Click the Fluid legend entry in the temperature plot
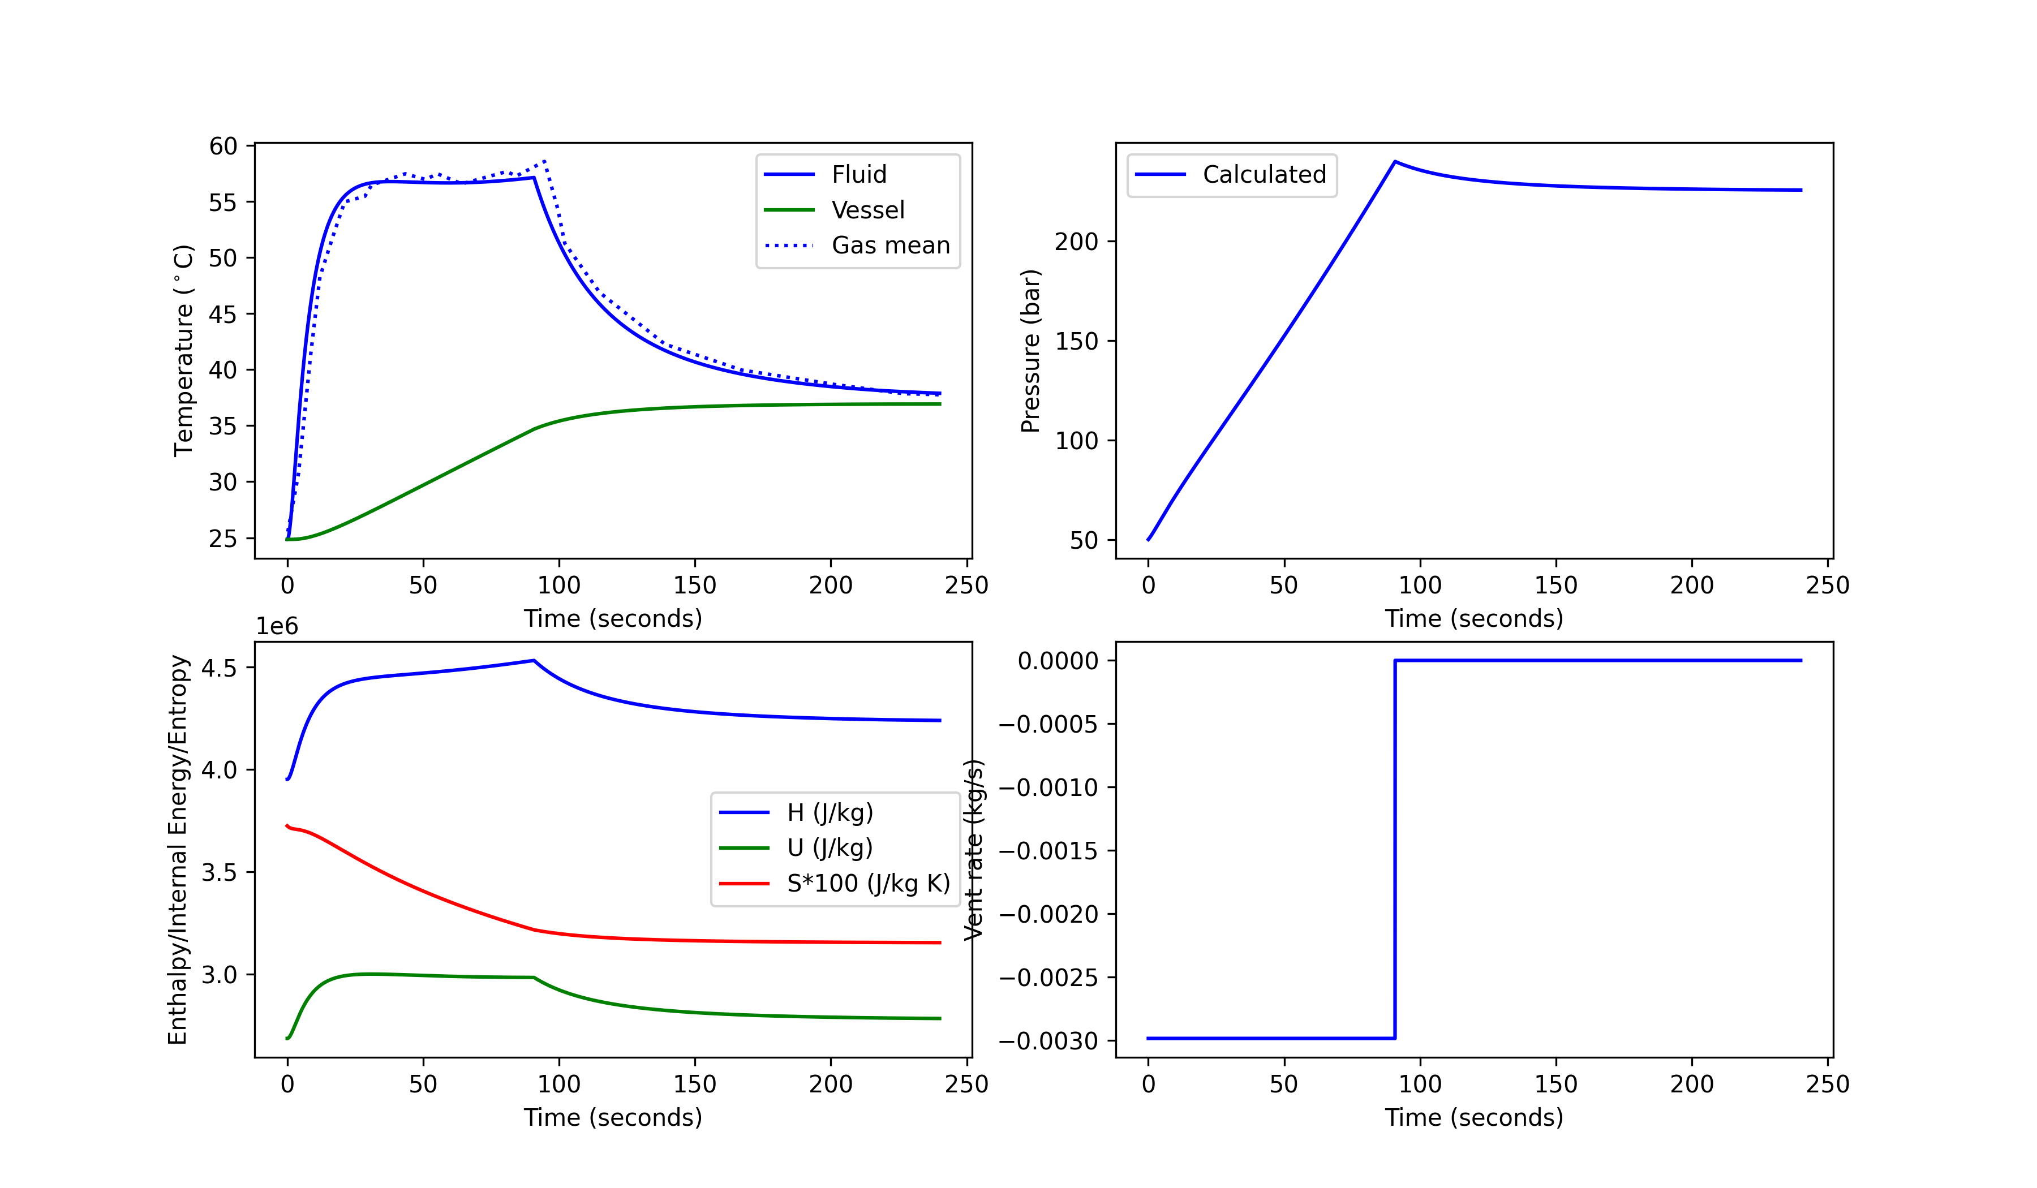858,175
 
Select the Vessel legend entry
867,210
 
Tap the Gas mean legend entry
890,245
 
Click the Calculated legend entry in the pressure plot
1264,175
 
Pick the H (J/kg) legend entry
830,812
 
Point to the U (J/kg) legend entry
830,848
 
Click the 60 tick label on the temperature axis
223,147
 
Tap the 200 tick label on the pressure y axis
1075,242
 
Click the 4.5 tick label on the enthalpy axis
218,668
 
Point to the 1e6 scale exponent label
277,626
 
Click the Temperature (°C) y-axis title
184,351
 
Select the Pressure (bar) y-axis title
1030,351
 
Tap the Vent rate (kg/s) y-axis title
975,849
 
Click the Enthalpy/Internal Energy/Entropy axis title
178,849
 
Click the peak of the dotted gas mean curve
545,161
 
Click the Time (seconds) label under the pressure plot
1473,618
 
